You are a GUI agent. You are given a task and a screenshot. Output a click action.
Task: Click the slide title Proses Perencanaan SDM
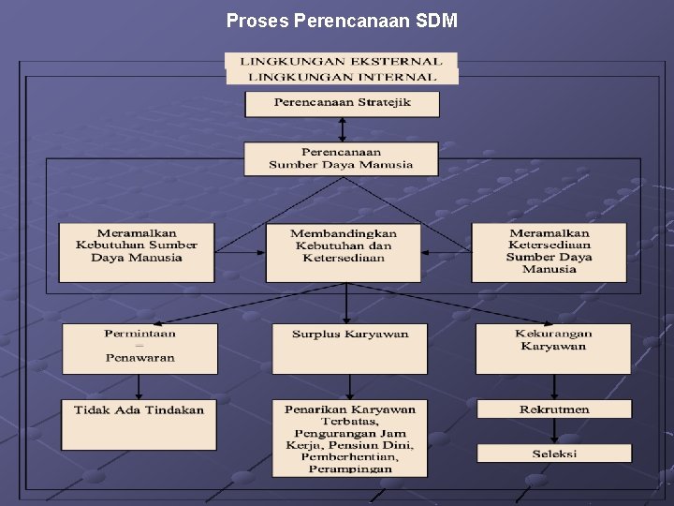coord(342,20)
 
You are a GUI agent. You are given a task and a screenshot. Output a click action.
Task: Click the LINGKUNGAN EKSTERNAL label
coord(341,61)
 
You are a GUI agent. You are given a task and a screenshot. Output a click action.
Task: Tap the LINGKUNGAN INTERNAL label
coord(341,77)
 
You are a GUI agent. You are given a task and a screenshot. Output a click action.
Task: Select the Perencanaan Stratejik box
coord(342,103)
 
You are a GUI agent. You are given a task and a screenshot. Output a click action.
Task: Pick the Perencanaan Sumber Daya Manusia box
coord(341,158)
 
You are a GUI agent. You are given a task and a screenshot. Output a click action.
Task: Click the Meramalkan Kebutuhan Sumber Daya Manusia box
coord(137,251)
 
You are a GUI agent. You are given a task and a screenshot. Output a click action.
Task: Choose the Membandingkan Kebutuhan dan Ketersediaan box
coord(343,251)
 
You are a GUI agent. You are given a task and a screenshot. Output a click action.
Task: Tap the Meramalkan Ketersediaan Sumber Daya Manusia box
coord(549,251)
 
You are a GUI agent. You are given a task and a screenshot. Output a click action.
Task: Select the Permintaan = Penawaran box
coord(139,349)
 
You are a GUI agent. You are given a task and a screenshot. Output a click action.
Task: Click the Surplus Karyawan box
coord(349,349)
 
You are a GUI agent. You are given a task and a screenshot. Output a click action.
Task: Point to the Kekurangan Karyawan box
coord(552,349)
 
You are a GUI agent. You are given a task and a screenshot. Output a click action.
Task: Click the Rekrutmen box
coord(554,409)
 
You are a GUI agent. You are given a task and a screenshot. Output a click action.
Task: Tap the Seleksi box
coord(554,454)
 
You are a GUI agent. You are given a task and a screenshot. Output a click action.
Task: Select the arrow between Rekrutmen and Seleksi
coord(554,431)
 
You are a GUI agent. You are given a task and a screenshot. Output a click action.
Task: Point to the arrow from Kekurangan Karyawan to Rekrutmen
coord(554,387)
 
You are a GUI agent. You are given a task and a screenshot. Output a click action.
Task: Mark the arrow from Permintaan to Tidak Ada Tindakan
coord(139,387)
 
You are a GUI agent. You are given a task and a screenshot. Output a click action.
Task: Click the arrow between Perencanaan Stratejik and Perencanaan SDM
coord(342,129)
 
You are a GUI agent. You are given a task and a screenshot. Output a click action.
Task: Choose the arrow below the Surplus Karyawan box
coord(349,387)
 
